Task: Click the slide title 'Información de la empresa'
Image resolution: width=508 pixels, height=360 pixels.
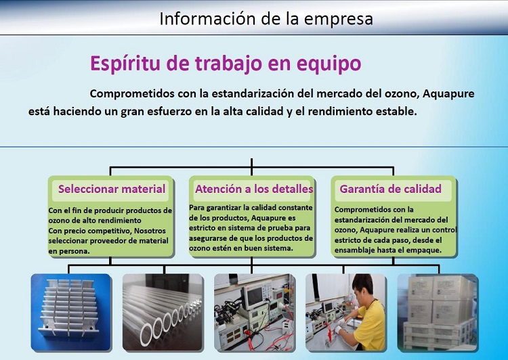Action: [x=266, y=18]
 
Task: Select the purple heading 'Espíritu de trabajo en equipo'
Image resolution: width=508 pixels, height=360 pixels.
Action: [x=226, y=64]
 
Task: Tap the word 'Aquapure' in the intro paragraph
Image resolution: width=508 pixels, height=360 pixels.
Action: [x=448, y=94]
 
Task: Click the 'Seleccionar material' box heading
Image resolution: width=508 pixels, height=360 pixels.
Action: [x=112, y=189]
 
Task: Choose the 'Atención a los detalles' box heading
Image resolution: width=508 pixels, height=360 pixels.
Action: [x=254, y=189]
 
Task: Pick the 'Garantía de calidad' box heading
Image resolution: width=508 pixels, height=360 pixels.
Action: [x=390, y=189]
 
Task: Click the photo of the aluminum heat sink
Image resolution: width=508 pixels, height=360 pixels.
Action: [x=71, y=313]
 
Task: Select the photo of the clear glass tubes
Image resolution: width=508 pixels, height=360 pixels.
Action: [x=163, y=313]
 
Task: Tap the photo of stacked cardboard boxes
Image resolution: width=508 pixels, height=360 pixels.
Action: [x=438, y=313]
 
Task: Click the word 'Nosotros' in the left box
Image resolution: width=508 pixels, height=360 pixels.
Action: [x=150, y=231]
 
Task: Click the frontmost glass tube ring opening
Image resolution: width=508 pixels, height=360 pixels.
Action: [x=147, y=335]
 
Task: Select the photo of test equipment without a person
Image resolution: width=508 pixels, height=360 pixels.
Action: [x=255, y=313]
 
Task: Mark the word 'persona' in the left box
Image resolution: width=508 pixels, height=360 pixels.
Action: [x=74, y=252]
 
